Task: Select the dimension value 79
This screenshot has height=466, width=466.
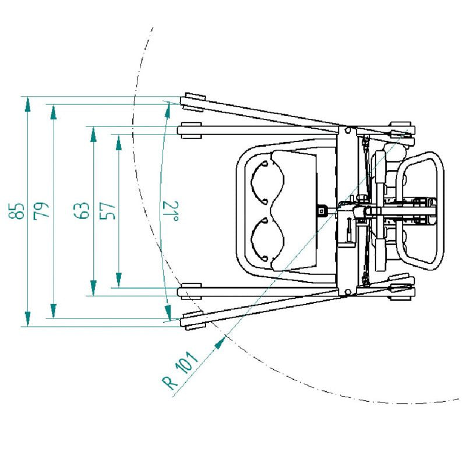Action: (x=42, y=211)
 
